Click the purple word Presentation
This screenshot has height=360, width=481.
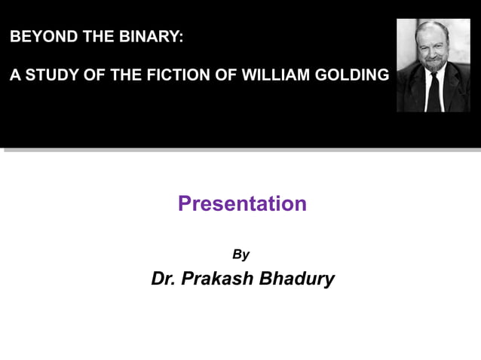click(x=242, y=203)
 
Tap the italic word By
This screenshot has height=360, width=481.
click(x=240, y=255)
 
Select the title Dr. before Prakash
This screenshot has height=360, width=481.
click(x=164, y=279)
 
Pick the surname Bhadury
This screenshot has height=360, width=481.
click(x=297, y=279)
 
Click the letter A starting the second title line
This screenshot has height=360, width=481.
click(x=14, y=76)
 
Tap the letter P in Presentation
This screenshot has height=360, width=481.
click(x=185, y=203)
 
